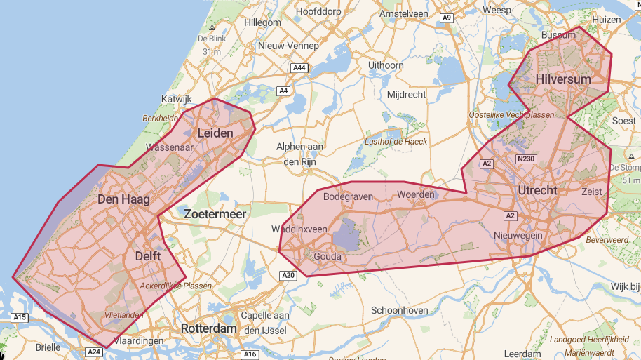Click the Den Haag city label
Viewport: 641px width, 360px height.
pos(124,199)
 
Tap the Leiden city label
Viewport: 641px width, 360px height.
pos(215,133)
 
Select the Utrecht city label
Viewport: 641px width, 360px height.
pos(537,190)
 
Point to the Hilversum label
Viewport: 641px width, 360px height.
pos(562,79)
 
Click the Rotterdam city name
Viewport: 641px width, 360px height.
pos(208,328)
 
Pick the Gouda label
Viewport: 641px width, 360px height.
pos(328,257)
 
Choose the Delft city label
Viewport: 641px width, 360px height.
pos(147,256)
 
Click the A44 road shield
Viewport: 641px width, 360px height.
pos(299,67)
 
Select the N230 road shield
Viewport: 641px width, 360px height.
pos(525,159)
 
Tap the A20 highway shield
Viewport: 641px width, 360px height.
pos(288,275)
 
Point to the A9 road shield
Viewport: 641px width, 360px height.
pos(447,18)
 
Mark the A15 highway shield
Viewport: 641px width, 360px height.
pos(20,318)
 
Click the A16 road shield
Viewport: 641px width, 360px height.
pos(250,354)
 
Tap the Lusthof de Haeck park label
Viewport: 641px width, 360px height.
pos(396,141)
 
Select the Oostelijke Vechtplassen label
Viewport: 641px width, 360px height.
pos(511,114)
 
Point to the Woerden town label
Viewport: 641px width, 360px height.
pos(416,194)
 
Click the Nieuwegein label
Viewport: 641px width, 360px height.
pos(518,235)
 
